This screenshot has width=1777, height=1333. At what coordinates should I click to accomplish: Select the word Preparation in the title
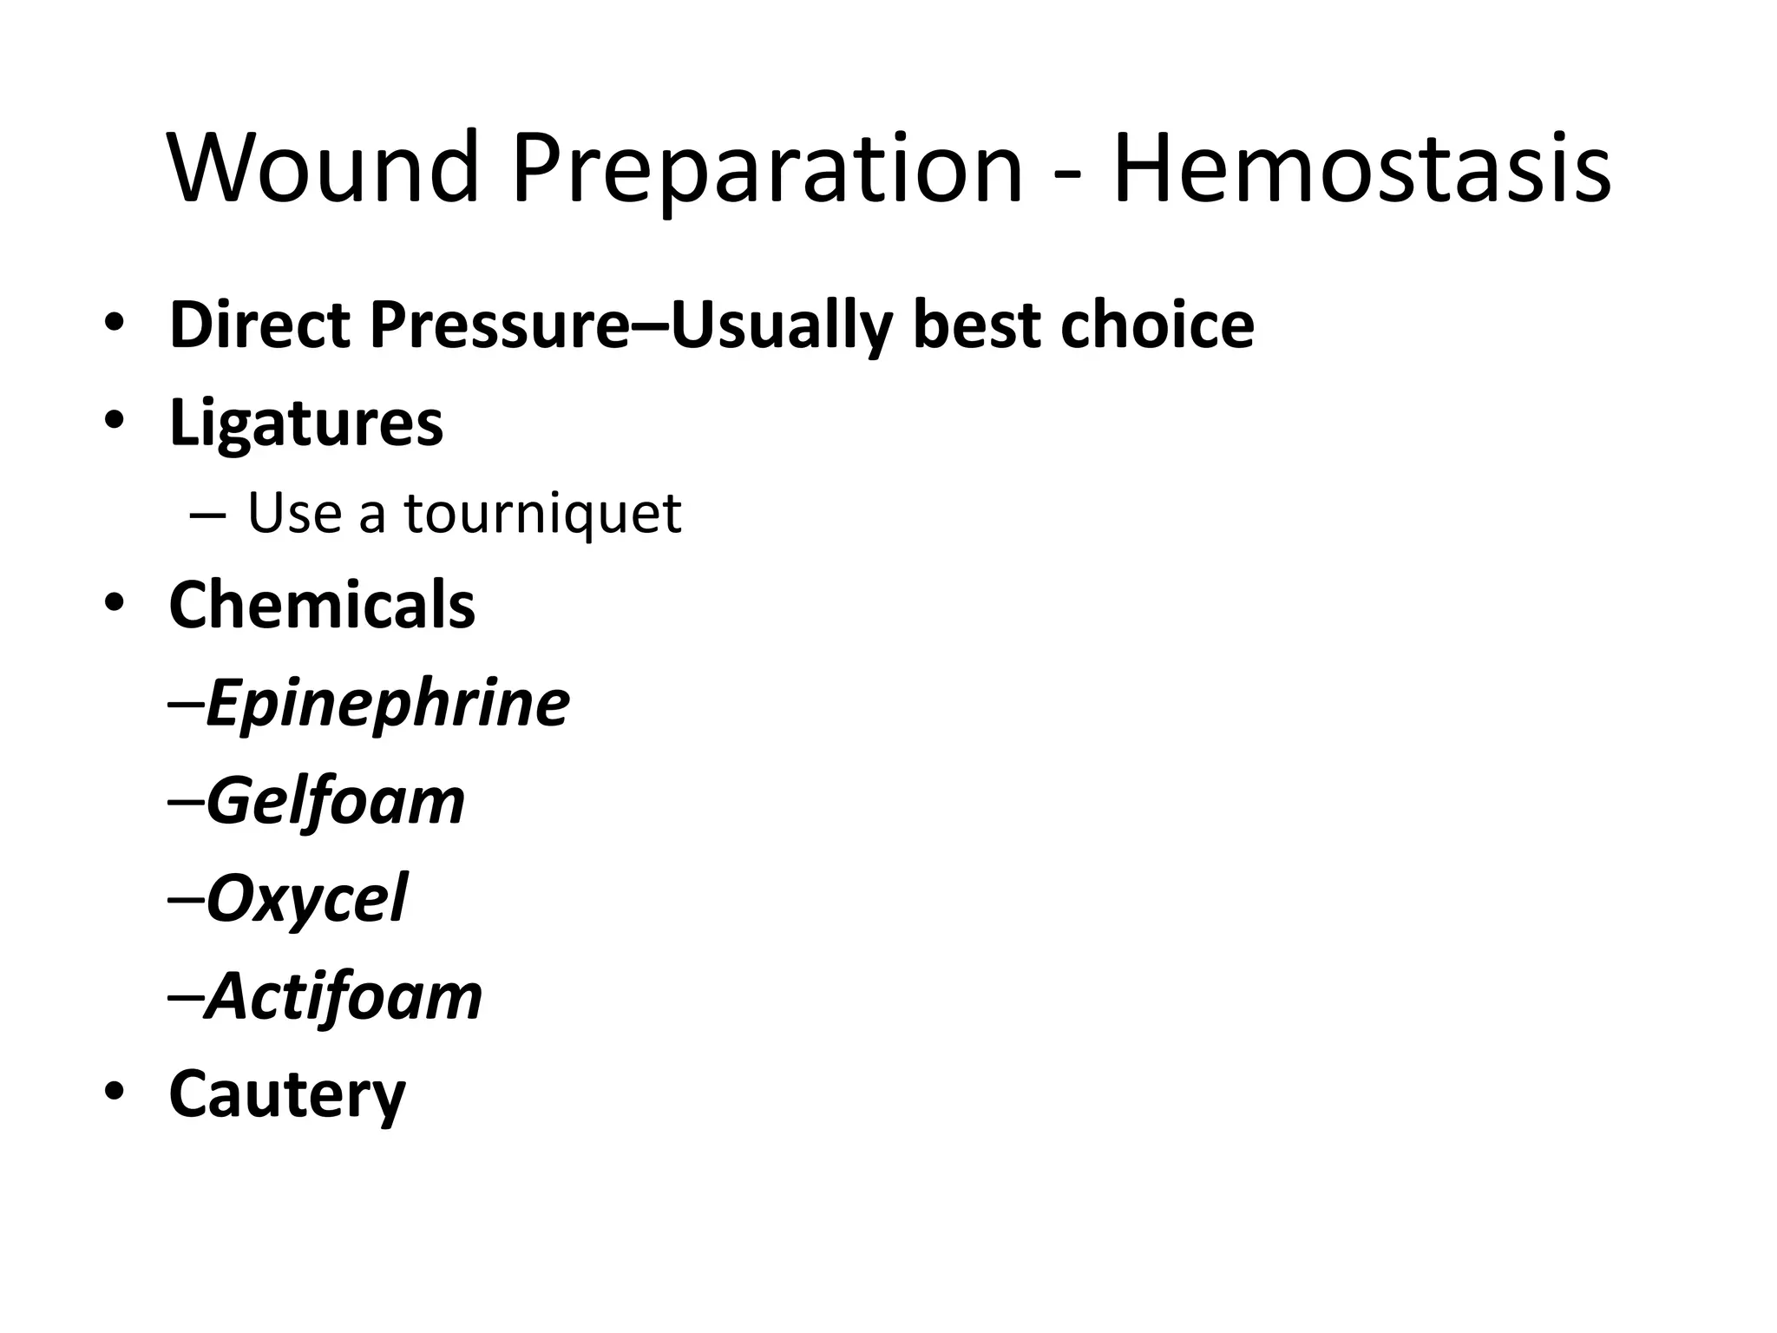[x=767, y=170]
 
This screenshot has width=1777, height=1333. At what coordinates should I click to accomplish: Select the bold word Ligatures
[x=306, y=424]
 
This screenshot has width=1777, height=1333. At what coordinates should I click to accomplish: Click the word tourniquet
[x=542, y=513]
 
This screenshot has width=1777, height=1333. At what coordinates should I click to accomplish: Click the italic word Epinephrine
[x=388, y=705]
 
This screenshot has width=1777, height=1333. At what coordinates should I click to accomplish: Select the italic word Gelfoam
[x=336, y=802]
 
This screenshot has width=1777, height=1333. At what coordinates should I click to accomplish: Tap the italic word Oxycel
[x=306, y=900]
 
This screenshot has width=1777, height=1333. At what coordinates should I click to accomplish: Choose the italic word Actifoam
[x=344, y=997]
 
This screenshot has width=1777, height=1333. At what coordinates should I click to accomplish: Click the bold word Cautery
[x=287, y=1095]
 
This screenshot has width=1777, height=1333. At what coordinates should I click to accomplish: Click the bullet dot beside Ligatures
[x=113, y=421]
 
